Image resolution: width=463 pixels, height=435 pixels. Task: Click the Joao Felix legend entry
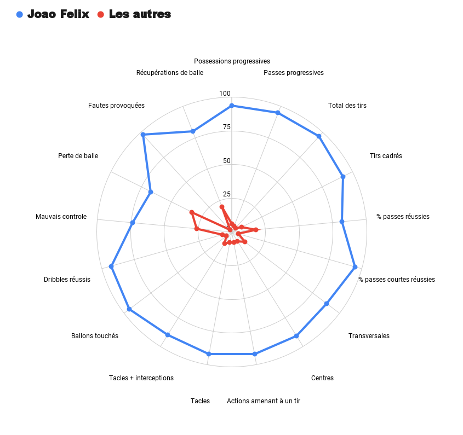click(x=53, y=14)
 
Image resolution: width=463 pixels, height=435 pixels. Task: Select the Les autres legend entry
click(x=134, y=14)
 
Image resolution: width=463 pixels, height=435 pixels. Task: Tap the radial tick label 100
click(x=225, y=94)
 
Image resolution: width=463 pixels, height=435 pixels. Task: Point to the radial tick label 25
click(x=226, y=194)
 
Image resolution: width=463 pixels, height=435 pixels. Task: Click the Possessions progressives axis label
click(x=232, y=61)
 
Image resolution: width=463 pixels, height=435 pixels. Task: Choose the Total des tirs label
click(x=347, y=106)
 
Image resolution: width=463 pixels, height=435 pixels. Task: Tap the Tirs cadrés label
click(x=386, y=156)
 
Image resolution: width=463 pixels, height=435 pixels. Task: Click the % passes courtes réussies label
click(x=397, y=280)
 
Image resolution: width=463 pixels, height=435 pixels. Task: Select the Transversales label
click(x=369, y=336)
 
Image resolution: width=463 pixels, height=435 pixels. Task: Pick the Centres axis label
click(x=322, y=378)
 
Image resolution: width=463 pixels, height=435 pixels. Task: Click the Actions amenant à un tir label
click(x=264, y=401)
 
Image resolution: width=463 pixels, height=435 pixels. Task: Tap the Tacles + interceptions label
click(x=141, y=378)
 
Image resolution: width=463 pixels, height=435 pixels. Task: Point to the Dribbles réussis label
click(x=67, y=280)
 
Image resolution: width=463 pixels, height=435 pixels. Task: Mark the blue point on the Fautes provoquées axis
click(x=143, y=135)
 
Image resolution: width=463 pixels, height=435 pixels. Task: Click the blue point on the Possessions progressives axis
click(x=232, y=106)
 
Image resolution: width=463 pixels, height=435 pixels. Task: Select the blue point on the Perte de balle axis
click(x=151, y=192)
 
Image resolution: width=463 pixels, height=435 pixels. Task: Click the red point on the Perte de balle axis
click(x=192, y=212)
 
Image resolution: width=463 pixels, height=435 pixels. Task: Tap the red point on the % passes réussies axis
click(x=255, y=229)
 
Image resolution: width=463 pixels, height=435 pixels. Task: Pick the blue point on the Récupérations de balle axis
click(x=193, y=131)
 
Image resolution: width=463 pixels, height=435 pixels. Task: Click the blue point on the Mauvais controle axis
click(x=133, y=223)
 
